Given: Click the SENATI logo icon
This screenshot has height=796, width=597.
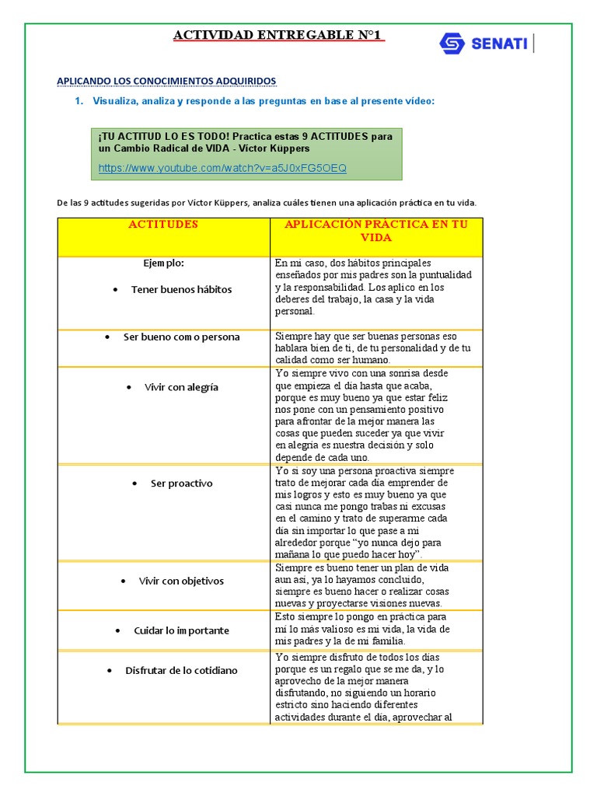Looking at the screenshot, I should coord(452,44).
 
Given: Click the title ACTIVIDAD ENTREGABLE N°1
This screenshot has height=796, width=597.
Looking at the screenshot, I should coord(278,36).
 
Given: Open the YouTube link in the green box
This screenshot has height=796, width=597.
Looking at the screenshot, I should coord(222,168).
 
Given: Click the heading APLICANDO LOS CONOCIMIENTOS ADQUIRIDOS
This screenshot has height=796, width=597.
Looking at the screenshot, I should coord(167,81).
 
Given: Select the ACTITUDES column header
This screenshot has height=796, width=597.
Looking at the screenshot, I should coord(163,225).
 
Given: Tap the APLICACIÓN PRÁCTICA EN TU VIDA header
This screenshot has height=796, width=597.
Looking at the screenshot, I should coord(376,231).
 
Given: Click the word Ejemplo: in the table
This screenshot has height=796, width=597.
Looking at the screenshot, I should coord(163,263).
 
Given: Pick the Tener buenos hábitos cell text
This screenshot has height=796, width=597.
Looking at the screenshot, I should coord(181,289).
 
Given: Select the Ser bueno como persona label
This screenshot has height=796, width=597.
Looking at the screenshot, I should coord(181,337).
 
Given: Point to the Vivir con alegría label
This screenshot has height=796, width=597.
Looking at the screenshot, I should coord(181,387).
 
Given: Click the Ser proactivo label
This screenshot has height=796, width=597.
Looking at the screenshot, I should coord(181,484).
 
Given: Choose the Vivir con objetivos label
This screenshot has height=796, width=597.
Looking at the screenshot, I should coord(181,581).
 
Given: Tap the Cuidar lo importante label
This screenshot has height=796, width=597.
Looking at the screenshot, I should coord(181,630).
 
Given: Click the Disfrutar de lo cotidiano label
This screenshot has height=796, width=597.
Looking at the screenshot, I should coord(181,670).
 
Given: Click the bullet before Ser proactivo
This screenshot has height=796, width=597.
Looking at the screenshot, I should coord(134,484).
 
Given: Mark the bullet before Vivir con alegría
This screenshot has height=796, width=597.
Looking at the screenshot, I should coord(128,387).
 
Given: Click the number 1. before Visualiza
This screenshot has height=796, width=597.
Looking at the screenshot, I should coord(79,101).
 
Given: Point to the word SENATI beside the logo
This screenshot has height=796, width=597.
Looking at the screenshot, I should coord(498,44).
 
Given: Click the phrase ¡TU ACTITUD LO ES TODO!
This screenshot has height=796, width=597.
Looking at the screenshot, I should coord(164,136).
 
